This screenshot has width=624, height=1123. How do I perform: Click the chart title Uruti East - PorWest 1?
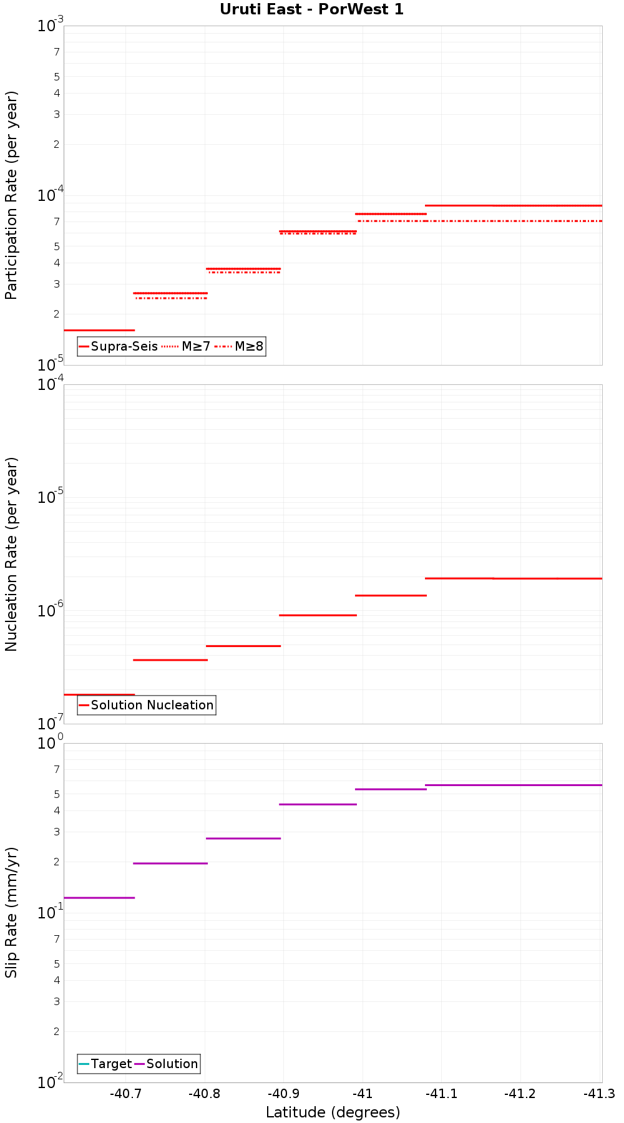pos(311,9)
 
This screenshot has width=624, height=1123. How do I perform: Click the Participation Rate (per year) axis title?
pos(11,195)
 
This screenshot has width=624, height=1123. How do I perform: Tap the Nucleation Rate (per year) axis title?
pos(11,554)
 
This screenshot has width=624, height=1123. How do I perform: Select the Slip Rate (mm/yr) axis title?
pos(11,912)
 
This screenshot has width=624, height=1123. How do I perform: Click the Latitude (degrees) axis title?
pos(333,1112)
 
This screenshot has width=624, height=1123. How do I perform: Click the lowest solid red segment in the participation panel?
pos(99,330)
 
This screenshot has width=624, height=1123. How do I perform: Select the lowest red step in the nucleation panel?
pos(99,694)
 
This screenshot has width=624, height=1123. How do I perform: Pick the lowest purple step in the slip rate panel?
pos(99,898)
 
